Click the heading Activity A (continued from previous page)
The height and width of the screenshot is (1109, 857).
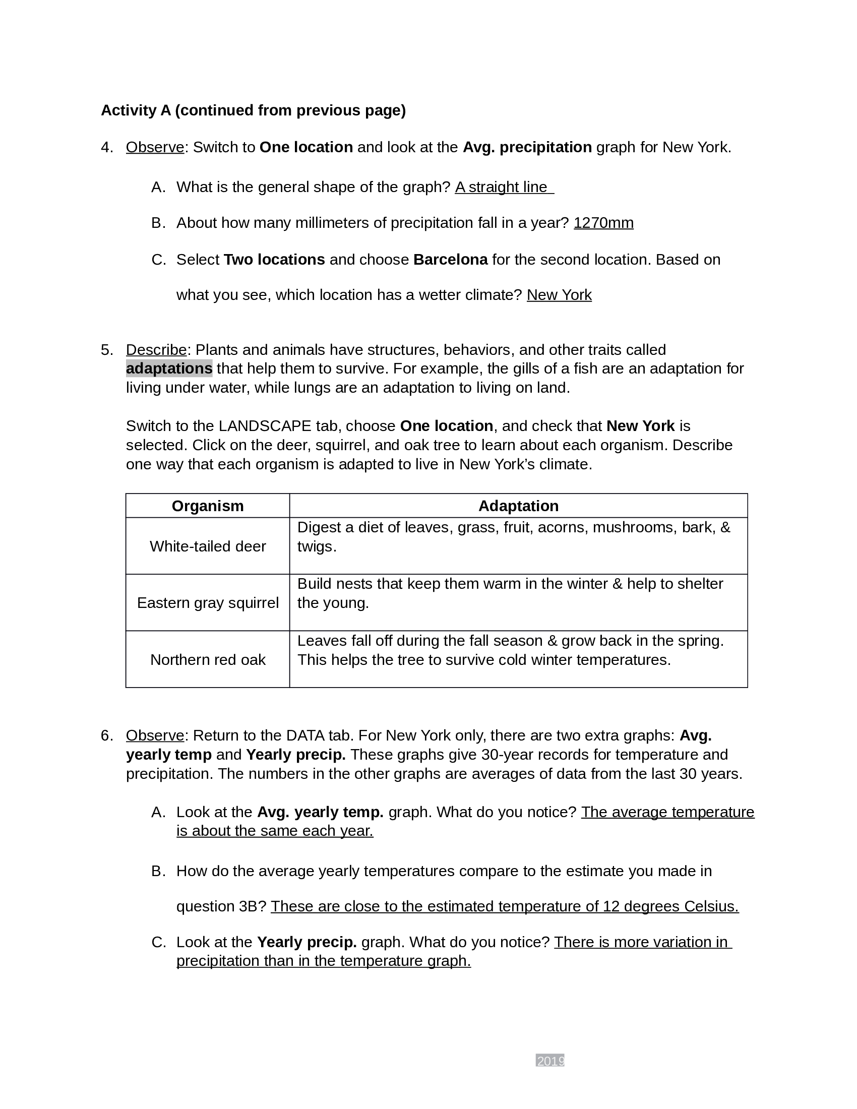253,110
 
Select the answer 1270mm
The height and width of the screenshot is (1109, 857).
603,223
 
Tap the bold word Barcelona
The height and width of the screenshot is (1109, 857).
450,260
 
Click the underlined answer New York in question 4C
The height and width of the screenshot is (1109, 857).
559,295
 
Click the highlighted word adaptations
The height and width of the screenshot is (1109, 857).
169,368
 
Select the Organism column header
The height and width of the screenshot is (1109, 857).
208,506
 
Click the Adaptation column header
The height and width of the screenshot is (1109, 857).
518,506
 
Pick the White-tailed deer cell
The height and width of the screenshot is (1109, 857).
208,546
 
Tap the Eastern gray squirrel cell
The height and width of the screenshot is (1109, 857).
208,603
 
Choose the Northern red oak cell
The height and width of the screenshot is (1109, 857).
208,660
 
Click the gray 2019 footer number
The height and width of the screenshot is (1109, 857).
550,1061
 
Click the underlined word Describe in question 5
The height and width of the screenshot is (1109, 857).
156,350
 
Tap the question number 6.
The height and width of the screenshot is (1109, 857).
106,735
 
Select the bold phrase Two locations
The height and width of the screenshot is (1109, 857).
274,260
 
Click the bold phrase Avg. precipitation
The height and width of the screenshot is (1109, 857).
527,147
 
